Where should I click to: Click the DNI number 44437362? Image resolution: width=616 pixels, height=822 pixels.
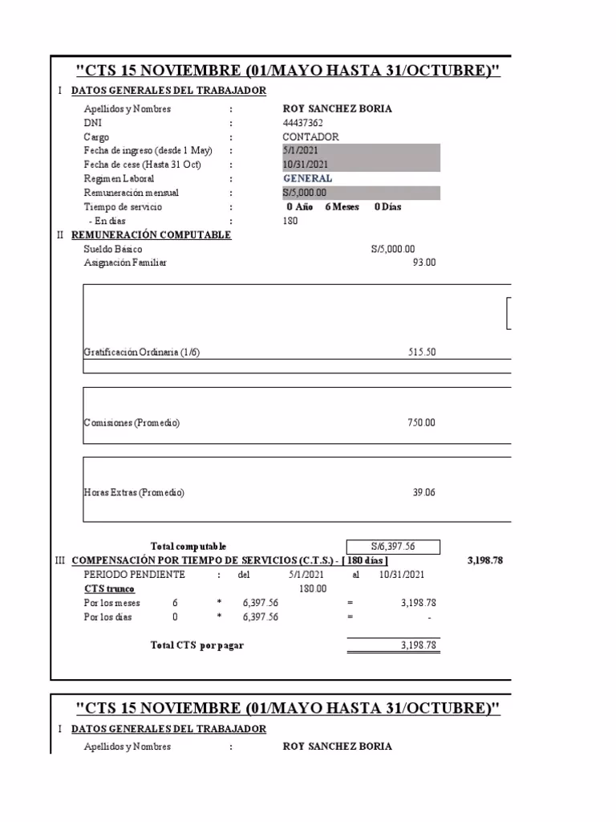[x=302, y=123]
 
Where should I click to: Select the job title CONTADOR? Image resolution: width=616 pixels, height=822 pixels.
[x=311, y=137]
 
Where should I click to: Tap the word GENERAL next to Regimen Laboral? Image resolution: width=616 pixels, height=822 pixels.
[x=307, y=179]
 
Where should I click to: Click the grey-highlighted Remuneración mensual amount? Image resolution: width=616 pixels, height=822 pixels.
[x=306, y=193]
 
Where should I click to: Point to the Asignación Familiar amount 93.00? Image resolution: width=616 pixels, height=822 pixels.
[x=424, y=262]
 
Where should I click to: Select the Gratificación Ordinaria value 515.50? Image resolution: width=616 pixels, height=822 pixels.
[x=422, y=352]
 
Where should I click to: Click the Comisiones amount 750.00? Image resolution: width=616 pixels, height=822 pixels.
[x=422, y=422]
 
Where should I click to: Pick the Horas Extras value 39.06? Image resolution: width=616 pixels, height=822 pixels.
[x=423, y=493]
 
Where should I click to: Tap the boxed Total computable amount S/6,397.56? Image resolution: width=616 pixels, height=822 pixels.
[x=393, y=547]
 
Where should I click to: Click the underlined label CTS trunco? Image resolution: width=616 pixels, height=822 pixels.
[x=109, y=588]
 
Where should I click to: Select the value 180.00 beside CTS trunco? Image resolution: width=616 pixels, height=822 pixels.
[x=313, y=588]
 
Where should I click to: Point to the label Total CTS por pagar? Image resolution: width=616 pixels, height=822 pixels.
[x=197, y=645]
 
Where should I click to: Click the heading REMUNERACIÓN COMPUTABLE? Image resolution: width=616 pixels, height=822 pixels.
[x=151, y=235]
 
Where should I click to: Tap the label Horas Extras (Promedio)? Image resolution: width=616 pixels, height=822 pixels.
[x=134, y=493]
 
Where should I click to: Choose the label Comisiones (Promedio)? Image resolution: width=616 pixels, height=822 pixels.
[x=132, y=422]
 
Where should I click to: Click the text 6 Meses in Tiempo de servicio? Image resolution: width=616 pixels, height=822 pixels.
[x=342, y=206]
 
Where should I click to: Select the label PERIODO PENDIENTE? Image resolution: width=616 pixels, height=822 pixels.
[x=134, y=575]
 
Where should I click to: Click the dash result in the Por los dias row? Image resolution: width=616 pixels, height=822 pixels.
[x=429, y=617]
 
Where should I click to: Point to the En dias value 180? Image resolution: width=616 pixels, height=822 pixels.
[x=290, y=221]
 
